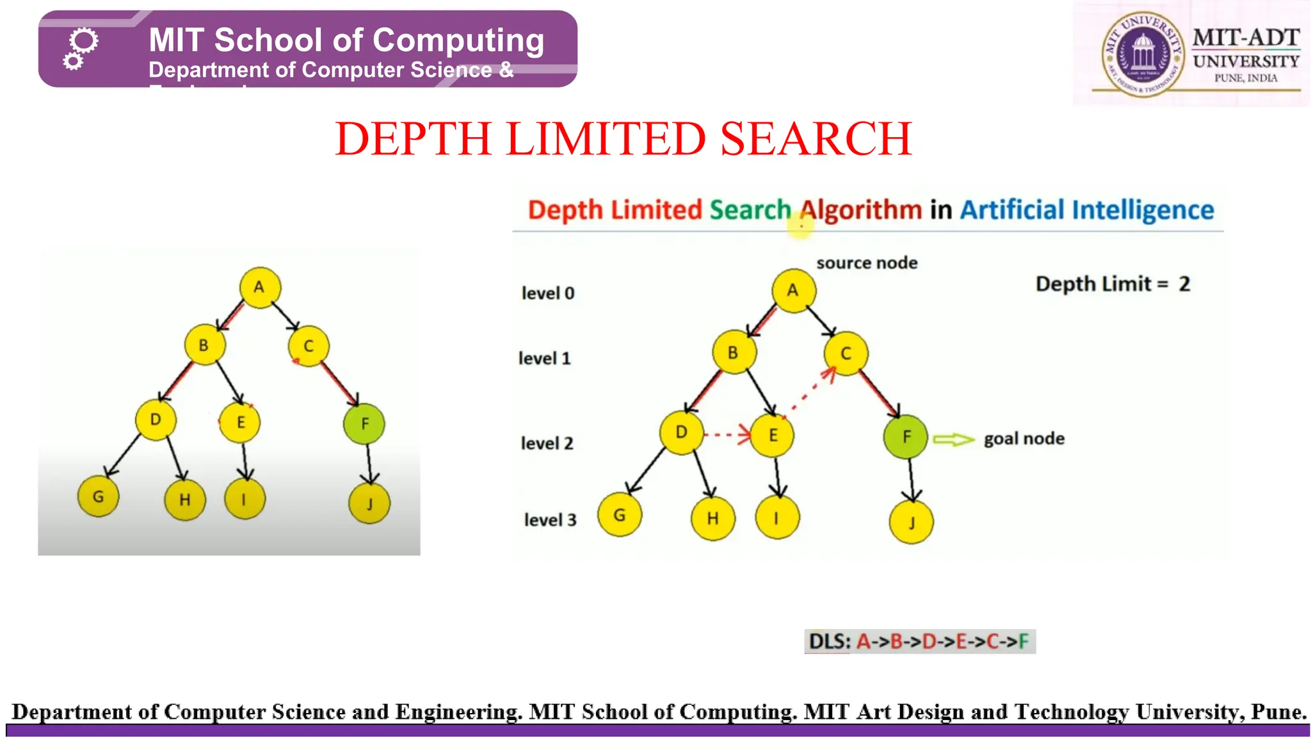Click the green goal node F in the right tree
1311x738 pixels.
click(x=905, y=437)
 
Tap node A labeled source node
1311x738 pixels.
click(x=793, y=291)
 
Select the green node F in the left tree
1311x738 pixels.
click(x=364, y=423)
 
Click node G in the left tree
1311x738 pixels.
click(x=98, y=496)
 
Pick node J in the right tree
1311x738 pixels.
click(x=911, y=522)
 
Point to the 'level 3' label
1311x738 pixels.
click(x=550, y=520)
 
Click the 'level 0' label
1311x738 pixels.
click(x=548, y=293)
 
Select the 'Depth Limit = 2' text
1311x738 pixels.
click(x=1113, y=284)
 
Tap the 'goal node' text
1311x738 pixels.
click(x=1024, y=439)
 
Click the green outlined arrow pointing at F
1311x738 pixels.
click(x=953, y=439)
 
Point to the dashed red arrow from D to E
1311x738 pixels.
click(x=727, y=435)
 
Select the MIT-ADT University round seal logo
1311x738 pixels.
click(x=1143, y=54)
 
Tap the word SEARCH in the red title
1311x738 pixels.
click(x=816, y=139)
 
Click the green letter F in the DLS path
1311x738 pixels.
click(x=1023, y=641)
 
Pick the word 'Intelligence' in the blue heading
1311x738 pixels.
click(x=1143, y=210)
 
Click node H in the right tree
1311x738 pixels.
click(x=712, y=518)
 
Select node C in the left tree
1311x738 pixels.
click(x=309, y=346)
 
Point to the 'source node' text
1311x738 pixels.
click(x=867, y=263)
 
